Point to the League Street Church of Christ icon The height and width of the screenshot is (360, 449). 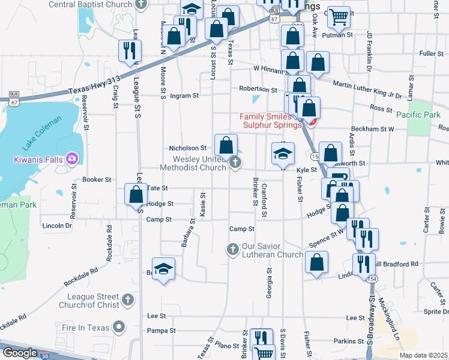[x=127, y=299]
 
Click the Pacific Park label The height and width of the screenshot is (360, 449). [x=418, y=114]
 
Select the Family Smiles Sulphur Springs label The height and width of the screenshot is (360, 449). [x=270, y=121]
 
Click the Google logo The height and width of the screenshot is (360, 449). [x=20, y=353]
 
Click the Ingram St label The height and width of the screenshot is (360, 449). [x=184, y=95]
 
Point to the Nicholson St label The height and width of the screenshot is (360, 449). [x=188, y=148]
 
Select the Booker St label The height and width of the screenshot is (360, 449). [x=97, y=179]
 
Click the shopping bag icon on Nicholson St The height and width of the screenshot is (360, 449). [x=226, y=145]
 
